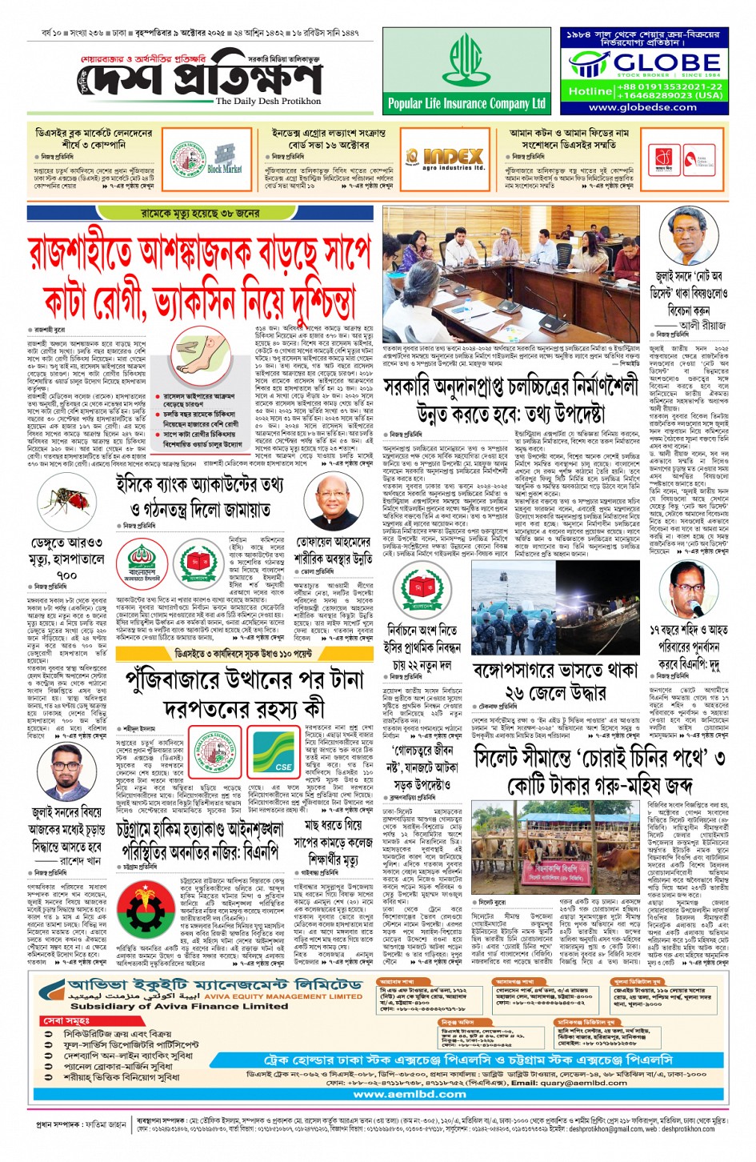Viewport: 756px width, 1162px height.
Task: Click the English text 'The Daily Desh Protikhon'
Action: point(268,102)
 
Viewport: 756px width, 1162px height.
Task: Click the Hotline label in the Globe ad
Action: point(590,90)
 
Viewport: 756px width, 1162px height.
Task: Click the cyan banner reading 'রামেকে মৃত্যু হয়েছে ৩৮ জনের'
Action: point(200,214)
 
